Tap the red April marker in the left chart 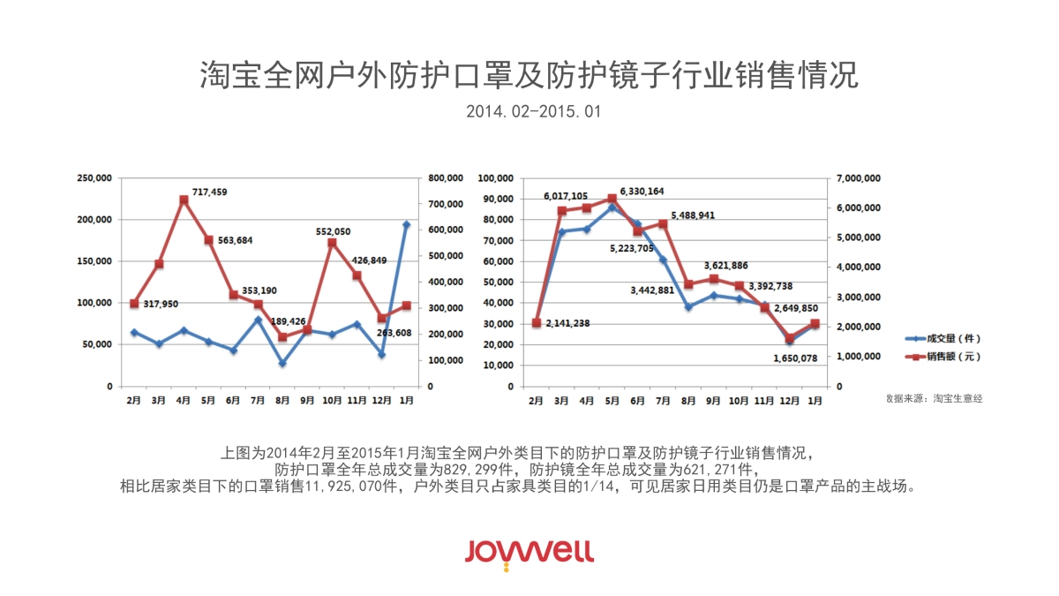click(184, 200)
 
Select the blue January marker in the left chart click(406, 224)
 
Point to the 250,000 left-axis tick click(94, 178)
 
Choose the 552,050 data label click(333, 231)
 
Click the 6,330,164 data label click(642, 191)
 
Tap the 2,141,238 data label click(568, 323)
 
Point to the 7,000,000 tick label click(856, 178)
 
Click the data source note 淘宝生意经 click(935, 399)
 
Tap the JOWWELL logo click(529, 552)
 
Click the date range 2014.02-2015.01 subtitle click(529, 112)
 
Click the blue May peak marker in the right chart click(612, 207)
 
